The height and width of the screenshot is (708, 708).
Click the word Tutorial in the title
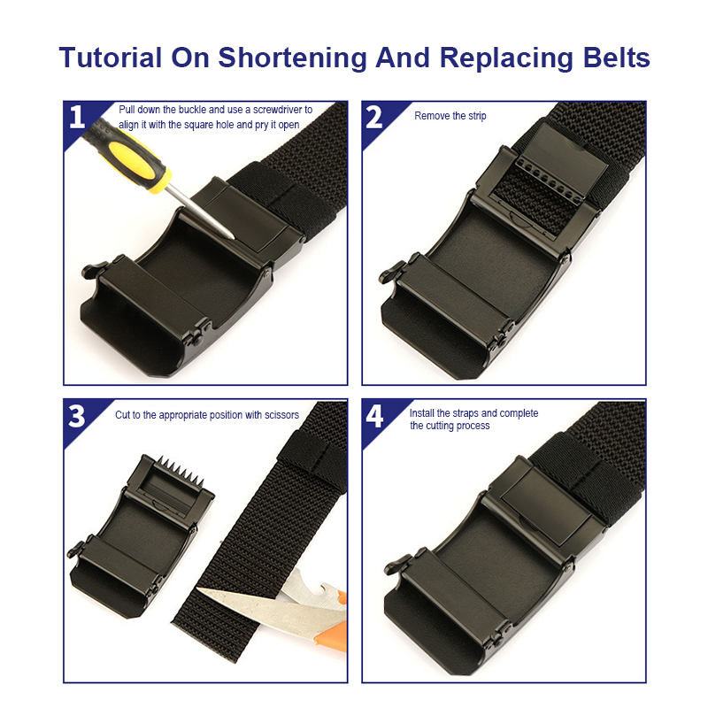(x=110, y=58)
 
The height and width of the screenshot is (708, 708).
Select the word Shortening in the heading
(x=292, y=58)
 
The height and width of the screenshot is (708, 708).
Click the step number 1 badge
(x=77, y=117)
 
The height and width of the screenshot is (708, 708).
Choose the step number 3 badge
(x=77, y=415)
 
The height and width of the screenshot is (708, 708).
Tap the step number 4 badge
(x=374, y=415)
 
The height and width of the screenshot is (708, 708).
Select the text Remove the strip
(x=450, y=116)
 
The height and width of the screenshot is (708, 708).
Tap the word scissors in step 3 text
(x=281, y=415)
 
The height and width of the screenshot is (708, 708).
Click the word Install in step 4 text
(x=421, y=413)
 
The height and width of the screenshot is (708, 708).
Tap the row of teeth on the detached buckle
(x=181, y=471)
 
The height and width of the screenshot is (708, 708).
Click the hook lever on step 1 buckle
(x=94, y=270)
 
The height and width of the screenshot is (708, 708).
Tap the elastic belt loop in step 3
(x=312, y=456)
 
